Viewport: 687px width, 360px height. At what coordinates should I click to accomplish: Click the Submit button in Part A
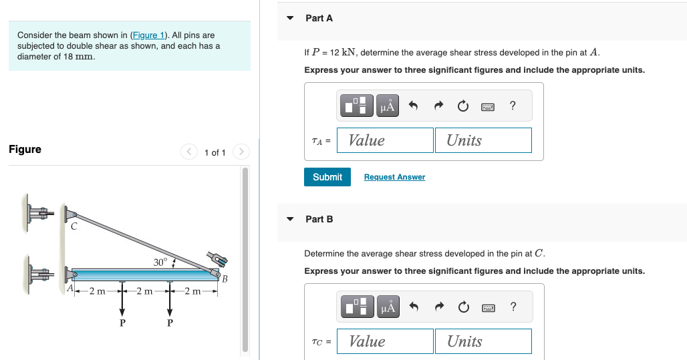[x=327, y=177]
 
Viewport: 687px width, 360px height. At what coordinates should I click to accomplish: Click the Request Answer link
[x=394, y=177]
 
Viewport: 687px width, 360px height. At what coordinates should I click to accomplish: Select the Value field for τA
[x=385, y=140]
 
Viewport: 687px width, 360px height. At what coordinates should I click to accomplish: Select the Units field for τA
[x=483, y=140]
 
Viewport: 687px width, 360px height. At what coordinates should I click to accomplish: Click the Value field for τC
[x=385, y=341]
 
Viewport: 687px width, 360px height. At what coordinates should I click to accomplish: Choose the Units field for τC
[x=483, y=341]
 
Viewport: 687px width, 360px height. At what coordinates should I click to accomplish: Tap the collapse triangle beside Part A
[x=290, y=18]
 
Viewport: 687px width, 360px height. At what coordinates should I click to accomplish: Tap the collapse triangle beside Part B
[x=290, y=219]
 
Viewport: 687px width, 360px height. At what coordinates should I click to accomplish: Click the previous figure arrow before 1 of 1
[x=189, y=152]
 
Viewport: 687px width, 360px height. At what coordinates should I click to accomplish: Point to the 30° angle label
[x=160, y=262]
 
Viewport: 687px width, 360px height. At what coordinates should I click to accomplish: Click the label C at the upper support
[x=74, y=227]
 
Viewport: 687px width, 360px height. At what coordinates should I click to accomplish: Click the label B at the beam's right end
[x=225, y=279]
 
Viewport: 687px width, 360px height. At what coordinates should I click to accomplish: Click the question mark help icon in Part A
[x=512, y=106]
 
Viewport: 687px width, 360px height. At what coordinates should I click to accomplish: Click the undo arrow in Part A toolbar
[x=413, y=106]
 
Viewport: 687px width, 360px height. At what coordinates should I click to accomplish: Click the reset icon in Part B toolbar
[x=463, y=307]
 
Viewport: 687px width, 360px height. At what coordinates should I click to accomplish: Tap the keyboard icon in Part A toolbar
[x=487, y=106]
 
